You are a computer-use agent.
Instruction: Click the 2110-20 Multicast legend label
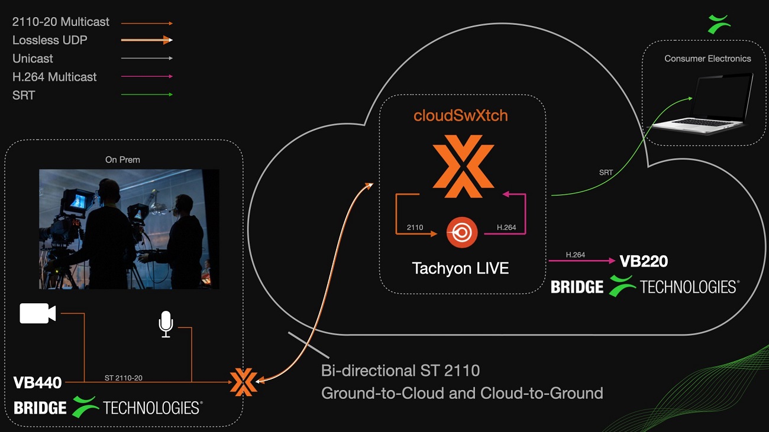point(61,22)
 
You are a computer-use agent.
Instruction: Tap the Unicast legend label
point(33,59)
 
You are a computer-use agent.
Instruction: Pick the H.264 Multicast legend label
point(54,77)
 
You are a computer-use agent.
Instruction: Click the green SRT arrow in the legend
point(147,95)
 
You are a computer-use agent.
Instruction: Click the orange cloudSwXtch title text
point(460,115)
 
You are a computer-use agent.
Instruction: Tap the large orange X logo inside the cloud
point(463,165)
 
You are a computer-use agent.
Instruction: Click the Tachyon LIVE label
point(460,268)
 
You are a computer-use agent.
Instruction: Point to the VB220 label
point(644,261)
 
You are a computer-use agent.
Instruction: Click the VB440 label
point(38,383)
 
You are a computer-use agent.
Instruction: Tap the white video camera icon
point(37,313)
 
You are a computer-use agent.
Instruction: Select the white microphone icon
point(166,324)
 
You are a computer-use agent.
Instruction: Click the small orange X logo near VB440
point(243,382)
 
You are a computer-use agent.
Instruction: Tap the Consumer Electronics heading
point(707,59)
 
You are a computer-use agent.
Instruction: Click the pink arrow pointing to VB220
point(582,261)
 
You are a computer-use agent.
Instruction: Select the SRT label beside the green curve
point(605,172)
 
